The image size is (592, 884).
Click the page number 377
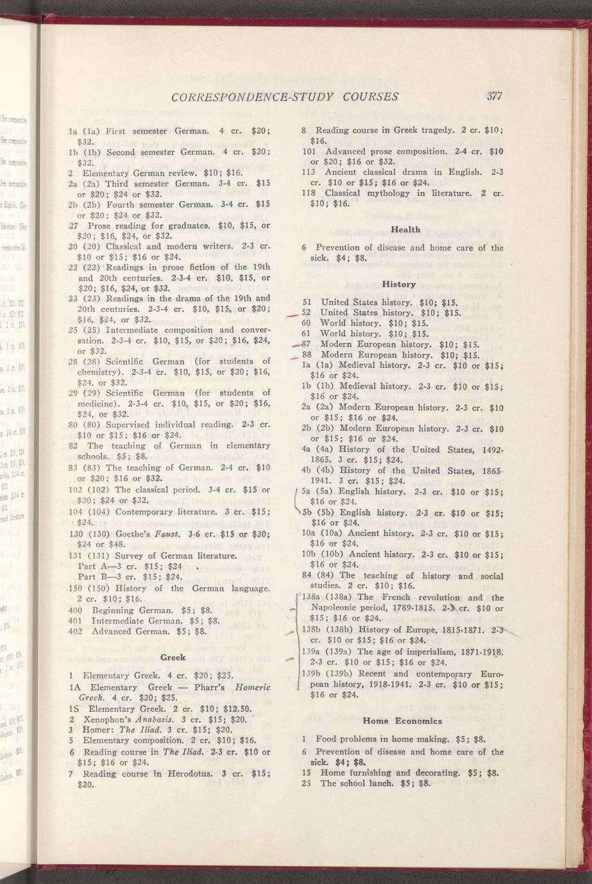tap(493, 97)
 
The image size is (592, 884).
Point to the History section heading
tap(399, 284)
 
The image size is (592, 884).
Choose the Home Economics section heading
tap(400, 720)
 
